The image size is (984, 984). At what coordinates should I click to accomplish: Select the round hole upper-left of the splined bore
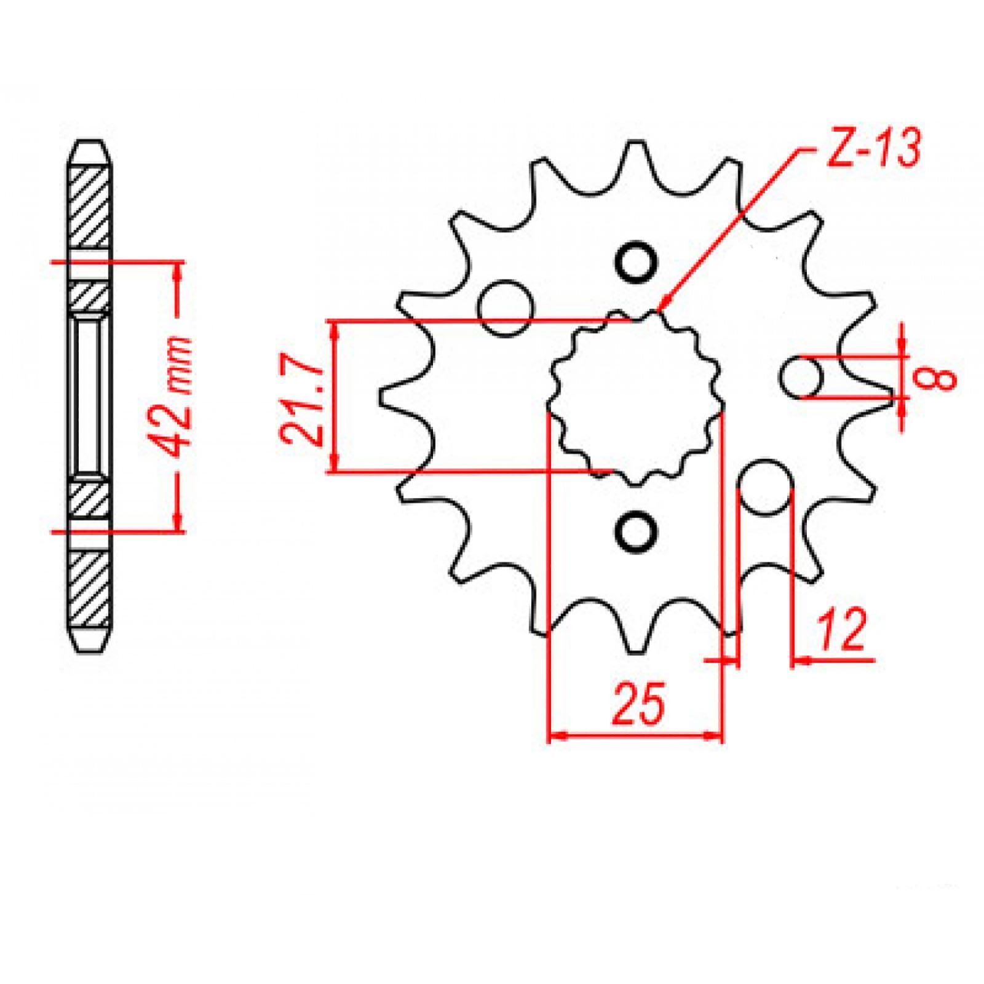(x=506, y=307)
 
